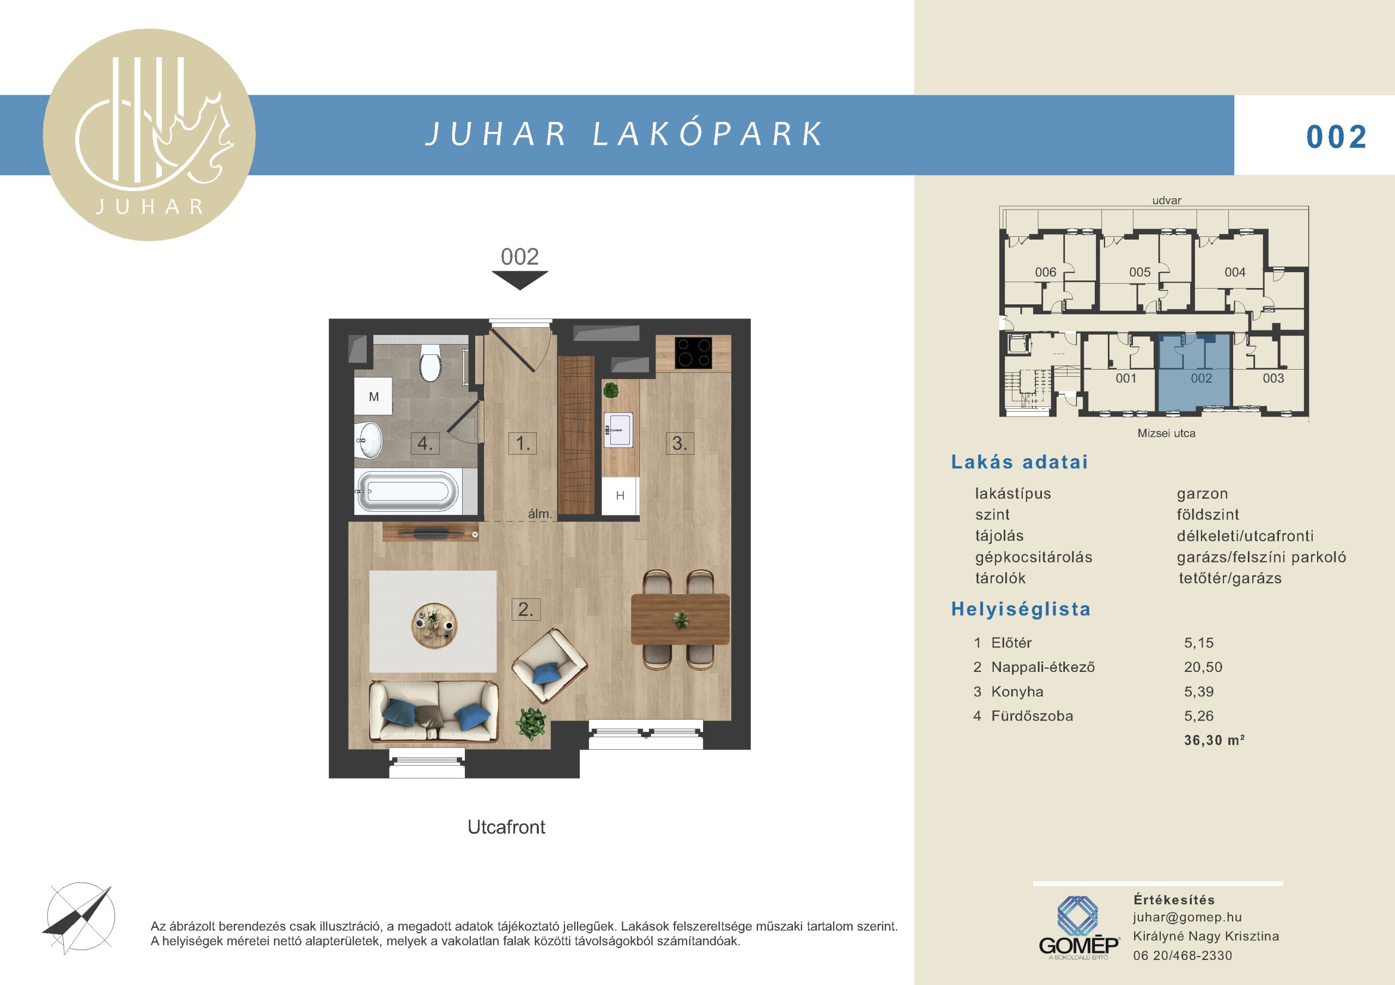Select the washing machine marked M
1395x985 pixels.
point(374,396)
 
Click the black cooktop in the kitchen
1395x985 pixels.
point(694,353)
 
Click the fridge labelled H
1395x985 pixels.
point(620,495)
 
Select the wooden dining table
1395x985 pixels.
point(680,619)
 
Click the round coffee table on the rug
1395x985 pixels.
point(433,625)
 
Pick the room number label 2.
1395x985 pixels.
point(525,609)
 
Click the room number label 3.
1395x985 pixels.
point(680,443)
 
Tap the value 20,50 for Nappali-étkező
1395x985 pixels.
point(1203,667)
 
